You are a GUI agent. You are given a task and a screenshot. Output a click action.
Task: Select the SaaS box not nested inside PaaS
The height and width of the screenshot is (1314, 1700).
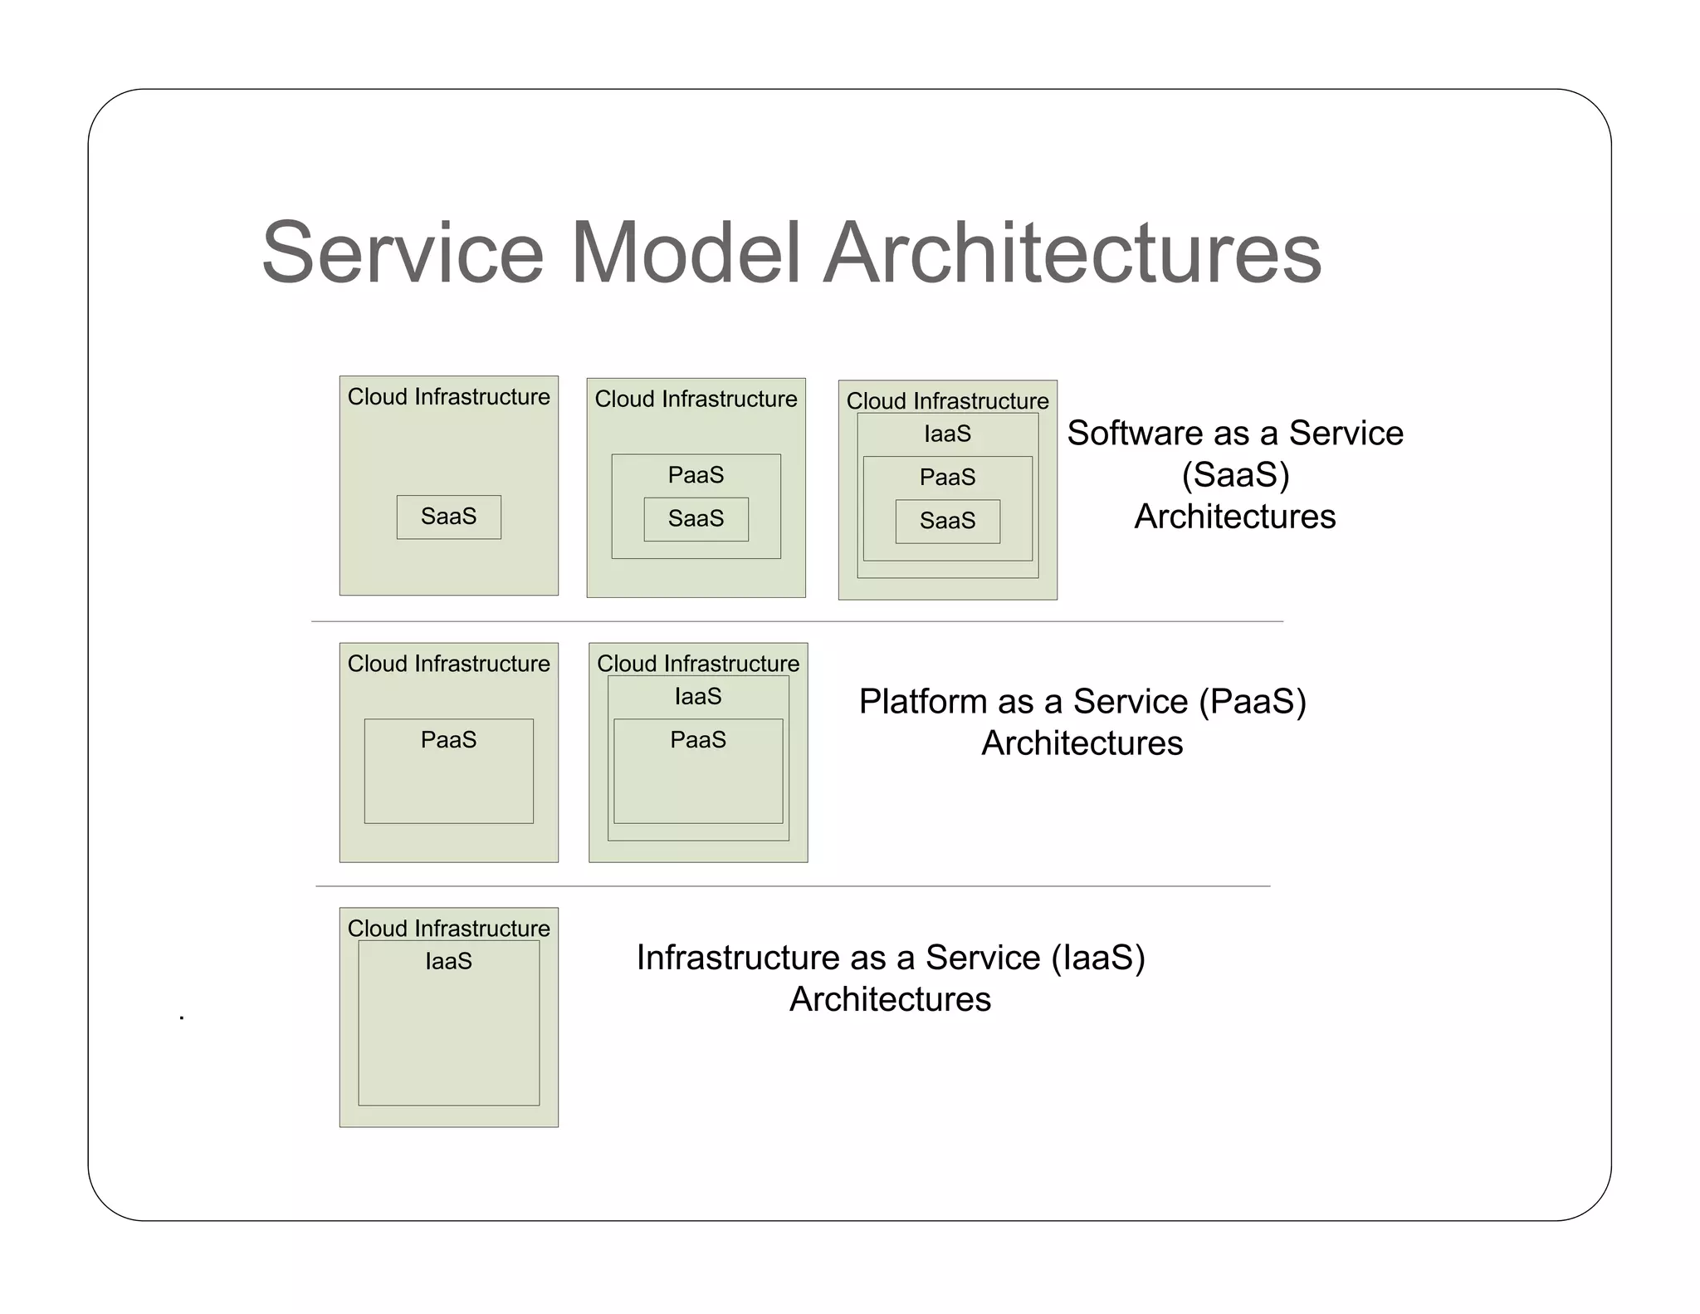coord(448,517)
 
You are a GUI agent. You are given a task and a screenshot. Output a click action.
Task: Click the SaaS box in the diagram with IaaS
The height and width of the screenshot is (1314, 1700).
coord(947,521)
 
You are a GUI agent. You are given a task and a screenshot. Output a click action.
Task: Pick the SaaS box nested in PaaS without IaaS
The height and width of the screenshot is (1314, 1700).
coord(696,519)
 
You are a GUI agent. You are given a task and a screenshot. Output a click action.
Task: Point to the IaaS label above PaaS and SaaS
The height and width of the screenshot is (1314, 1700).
coord(947,434)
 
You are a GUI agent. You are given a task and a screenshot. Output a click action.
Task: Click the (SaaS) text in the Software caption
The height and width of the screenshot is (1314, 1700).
coord(1235,475)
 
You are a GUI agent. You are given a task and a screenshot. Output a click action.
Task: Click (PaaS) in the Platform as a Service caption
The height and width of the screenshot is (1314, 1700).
coord(1253,702)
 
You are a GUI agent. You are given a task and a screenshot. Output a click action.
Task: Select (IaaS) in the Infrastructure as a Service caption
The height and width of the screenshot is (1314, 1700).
coord(1098,958)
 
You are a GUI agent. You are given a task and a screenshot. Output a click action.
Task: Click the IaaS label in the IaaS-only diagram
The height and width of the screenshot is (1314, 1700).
coord(448,961)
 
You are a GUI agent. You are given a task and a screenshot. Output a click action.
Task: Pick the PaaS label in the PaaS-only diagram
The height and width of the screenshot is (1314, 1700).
coord(448,739)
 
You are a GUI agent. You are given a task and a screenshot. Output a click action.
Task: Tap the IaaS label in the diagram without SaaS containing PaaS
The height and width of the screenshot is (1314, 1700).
coord(697,696)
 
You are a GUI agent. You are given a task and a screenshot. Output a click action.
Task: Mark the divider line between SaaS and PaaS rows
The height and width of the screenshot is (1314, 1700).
coord(797,621)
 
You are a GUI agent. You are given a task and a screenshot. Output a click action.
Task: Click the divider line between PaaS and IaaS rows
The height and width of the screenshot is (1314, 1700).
coord(793,886)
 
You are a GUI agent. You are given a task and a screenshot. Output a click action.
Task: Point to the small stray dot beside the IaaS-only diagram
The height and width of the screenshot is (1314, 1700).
coord(182,1017)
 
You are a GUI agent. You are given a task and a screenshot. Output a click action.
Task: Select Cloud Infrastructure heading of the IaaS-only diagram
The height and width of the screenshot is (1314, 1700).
coord(448,928)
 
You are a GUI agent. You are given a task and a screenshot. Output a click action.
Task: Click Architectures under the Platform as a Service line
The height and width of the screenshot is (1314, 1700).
coord(1082,743)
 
